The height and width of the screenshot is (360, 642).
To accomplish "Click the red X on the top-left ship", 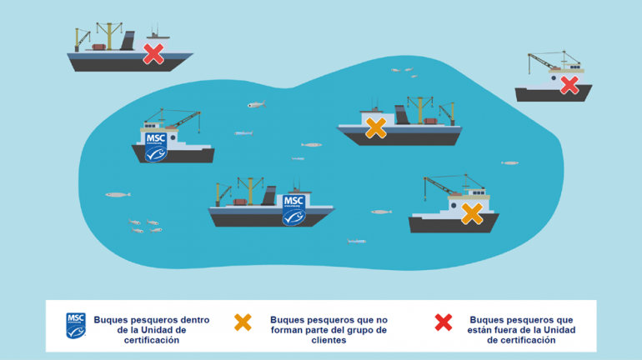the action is (153, 54).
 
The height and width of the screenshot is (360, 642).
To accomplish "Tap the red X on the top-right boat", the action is (569, 86).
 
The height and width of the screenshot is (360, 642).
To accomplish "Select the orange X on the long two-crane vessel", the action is (376, 128).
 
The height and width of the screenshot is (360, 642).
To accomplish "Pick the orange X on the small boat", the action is (472, 213).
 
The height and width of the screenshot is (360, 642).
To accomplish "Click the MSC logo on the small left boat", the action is (156, 147).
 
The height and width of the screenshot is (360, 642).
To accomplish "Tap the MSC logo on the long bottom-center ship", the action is (293, 210).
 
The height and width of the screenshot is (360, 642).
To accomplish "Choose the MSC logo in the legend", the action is (76, 326).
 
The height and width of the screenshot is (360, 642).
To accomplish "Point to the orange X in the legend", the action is (243, 322).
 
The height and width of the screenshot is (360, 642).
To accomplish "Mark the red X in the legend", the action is (444, 322).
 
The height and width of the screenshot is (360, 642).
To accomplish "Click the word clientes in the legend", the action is (329, 340).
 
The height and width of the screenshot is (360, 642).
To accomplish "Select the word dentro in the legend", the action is (195, 320).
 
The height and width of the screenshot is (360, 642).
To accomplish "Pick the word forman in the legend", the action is (287, 330).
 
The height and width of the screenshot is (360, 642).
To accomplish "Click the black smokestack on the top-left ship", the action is (128, 41).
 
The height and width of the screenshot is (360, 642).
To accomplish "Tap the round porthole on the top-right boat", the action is (554, 77).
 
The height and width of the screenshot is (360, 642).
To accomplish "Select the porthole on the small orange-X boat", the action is (454, 205).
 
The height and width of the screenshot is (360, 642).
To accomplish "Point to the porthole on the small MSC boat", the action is (173, 138).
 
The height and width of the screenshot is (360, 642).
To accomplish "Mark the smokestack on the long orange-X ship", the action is (402, 115).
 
